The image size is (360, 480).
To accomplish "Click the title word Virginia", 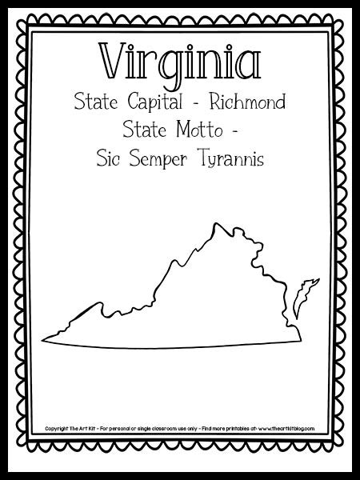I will (x=179, y=60).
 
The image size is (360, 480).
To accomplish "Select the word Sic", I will (x=110, y=158).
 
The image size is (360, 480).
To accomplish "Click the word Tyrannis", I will (x=228, y=158).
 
